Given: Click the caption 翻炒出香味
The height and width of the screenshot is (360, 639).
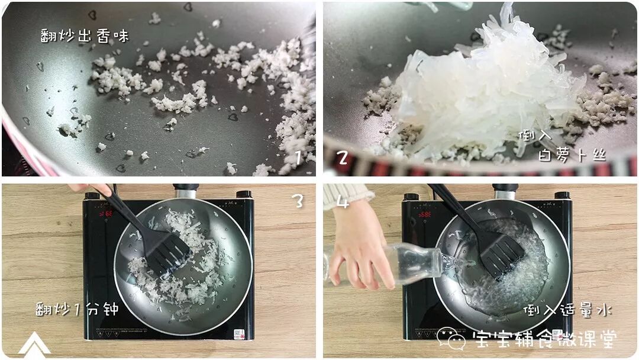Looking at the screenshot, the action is pos(85,36).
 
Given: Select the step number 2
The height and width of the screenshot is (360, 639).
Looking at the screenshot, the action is pos(343,157).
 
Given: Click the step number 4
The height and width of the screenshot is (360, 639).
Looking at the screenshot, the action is pos(343,201).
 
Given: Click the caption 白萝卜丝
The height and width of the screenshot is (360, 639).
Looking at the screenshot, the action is pos(572,155).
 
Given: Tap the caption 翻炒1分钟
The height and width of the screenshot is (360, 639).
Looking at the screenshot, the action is pos(76,308).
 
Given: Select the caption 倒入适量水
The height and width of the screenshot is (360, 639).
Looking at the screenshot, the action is pos(567,311).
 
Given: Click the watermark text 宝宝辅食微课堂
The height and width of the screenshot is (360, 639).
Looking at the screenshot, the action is pos(544,339).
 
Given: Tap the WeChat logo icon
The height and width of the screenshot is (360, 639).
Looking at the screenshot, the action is pos(451,339).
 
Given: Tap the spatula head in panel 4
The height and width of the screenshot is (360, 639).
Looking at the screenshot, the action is pos(502,256).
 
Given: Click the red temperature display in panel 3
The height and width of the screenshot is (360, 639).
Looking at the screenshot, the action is pos(106,213).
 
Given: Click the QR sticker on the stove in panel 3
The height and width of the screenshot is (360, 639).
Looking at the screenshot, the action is pos(239,334).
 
